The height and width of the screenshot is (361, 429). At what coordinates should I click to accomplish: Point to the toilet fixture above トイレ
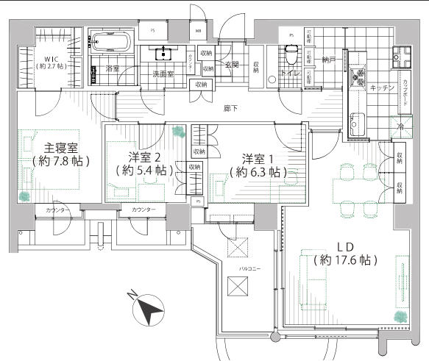coord(291,54)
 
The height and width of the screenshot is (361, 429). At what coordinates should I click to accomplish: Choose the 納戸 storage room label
coord(328,60)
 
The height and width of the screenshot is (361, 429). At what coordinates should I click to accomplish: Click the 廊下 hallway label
coord(230,109)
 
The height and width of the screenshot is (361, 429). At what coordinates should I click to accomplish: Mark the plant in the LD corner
coord(400,316)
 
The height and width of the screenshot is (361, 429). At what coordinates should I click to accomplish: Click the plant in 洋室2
coord(177,132)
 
